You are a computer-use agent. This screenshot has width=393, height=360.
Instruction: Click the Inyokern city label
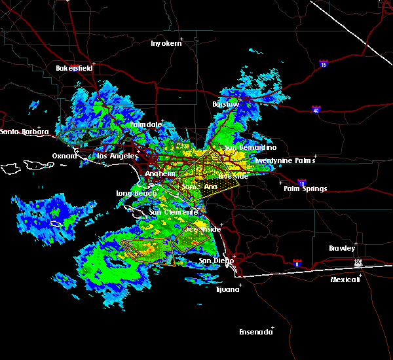tap(164, 43)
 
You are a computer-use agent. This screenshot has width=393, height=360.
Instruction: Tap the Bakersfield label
tap(73, 68)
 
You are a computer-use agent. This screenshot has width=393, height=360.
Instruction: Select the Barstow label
tap(226, 104)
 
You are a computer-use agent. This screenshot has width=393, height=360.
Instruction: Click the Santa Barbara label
tap(24, 132)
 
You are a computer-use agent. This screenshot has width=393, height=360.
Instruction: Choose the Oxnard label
tap(65, 156)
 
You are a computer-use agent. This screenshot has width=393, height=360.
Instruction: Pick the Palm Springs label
tap(305, 189)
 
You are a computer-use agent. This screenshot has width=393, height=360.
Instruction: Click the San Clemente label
tap(173, 212)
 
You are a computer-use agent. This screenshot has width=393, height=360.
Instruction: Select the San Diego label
tap(216, 261)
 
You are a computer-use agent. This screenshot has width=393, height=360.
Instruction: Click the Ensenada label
tap(256, 332)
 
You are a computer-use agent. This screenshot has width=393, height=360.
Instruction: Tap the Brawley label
tap(342, 248)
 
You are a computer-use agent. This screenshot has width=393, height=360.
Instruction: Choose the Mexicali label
tap(345, 279)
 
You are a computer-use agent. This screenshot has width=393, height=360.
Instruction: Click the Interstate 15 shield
tap(323, 64)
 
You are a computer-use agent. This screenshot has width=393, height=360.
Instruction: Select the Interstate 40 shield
tap(316, 109)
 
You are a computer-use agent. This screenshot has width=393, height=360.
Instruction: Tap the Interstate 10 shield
tap(301, 183)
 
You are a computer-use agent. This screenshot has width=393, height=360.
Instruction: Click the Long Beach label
tap(134, 193)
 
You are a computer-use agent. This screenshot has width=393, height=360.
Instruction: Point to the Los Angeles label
tap(117, 156)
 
